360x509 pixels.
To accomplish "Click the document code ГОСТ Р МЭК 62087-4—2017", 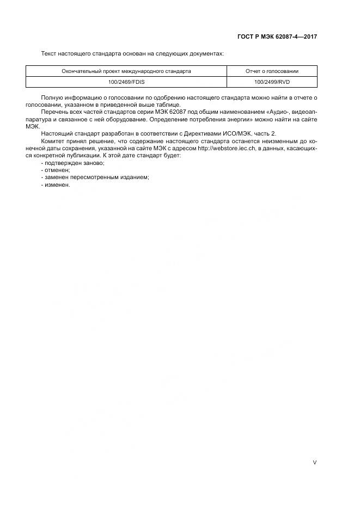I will [277, 37].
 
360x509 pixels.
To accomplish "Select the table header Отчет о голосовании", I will [272, 71].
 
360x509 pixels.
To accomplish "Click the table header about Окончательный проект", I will [126, 71].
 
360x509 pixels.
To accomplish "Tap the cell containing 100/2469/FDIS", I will [126, 82].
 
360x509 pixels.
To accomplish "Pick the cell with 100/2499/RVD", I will [272, 82].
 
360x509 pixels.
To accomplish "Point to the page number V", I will [314, 462].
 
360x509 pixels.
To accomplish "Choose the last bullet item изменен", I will [56, 185].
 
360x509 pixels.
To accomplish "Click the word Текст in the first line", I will [49, 54].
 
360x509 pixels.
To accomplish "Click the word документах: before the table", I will [205, 54].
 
